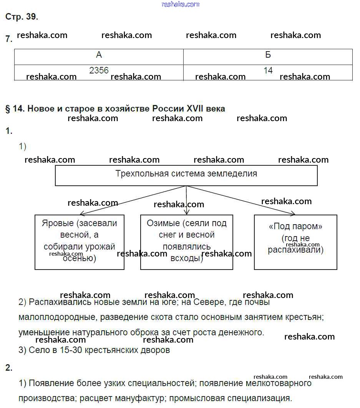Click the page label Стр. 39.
(22, 17)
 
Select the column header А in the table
(99, 55)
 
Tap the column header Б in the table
(268, 55)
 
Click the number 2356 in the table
(99, 70)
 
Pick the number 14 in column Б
(268, 70)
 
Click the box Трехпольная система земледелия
(186, 175)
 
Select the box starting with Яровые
(80, 242)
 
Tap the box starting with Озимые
(187, 242)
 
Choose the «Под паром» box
(295, 242)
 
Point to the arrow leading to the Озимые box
(186, 200)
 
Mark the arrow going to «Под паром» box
(242, 200)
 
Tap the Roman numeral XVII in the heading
(197, 109)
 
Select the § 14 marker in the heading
(15, 109)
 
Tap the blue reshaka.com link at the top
(181, 4)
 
